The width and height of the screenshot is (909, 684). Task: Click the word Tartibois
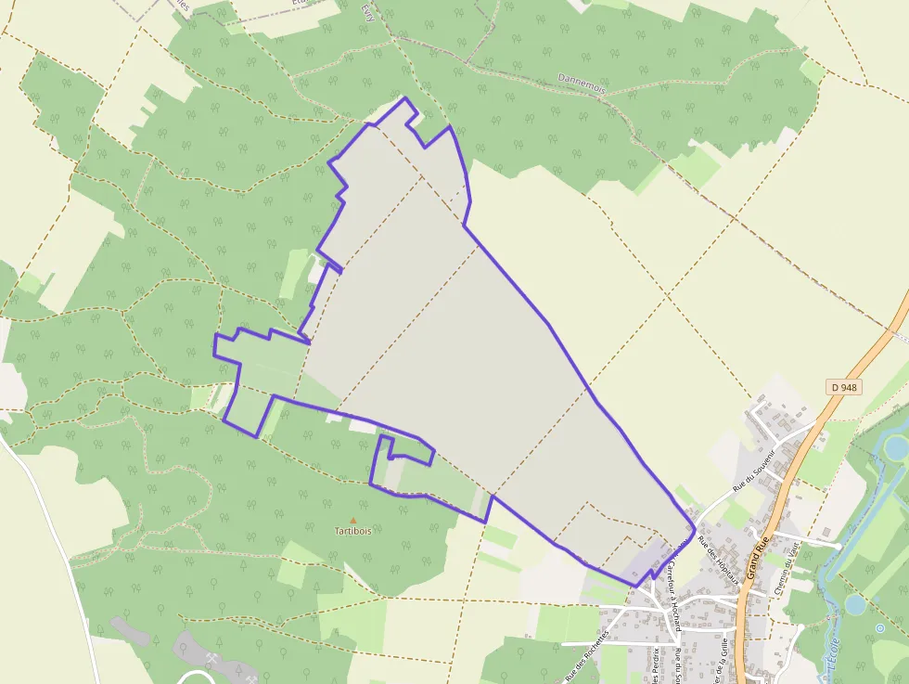(x=352, y=532)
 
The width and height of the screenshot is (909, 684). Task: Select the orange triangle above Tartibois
(x=352, y=521)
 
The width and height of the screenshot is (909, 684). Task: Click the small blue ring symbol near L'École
(x=879, y=628)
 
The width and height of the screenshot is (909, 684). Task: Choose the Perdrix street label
(x=655, y=664)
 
